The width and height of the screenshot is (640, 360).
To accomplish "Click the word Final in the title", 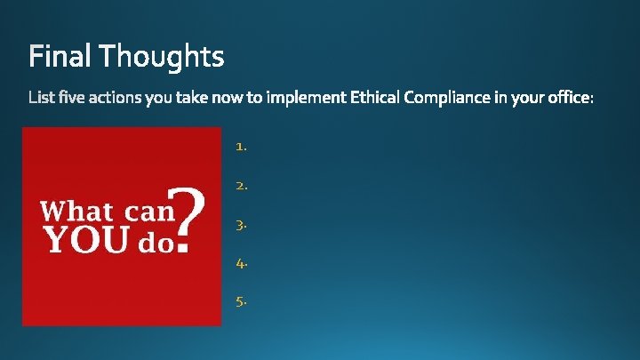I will [60, 57].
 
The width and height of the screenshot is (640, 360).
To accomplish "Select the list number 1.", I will [240, 148].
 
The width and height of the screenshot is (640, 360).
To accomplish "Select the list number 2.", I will [241, 186].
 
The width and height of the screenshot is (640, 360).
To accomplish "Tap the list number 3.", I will [241, 225].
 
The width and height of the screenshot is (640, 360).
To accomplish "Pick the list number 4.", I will [241, 263].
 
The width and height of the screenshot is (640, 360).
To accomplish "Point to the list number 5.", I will [241, 301].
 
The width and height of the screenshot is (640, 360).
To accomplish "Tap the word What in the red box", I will [76, 212].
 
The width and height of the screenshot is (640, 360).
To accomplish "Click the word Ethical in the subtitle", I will [375, 99].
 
